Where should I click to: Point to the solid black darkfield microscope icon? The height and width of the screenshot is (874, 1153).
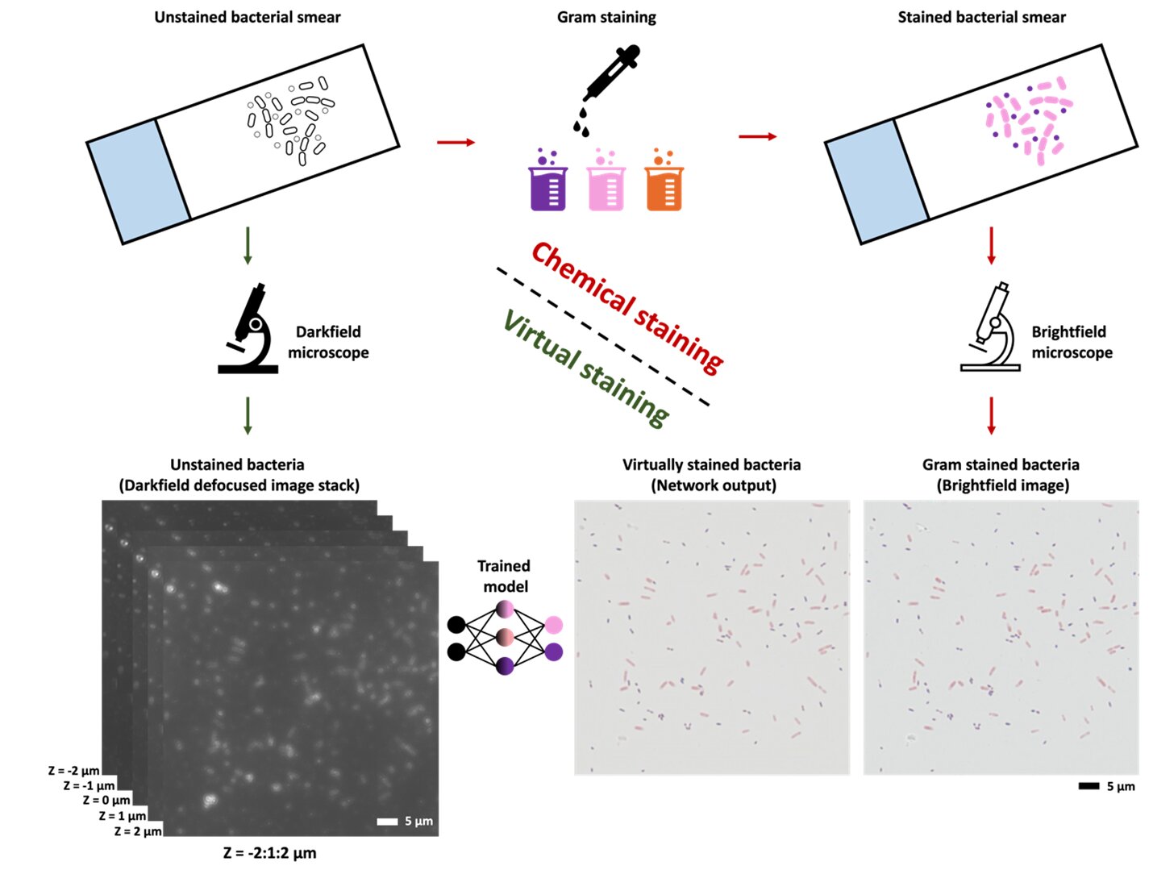click(248, 328)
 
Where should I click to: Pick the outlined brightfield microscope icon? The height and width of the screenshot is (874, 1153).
click(990, 327)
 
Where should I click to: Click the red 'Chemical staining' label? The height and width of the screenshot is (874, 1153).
click(627, 308)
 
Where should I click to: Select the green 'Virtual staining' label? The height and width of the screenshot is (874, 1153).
click(585, 368)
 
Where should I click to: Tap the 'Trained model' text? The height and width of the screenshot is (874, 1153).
click(504, 576)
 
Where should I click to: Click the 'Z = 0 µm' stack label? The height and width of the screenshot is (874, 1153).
click(106, 800)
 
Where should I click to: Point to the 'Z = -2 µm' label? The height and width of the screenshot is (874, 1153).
click(73, 771)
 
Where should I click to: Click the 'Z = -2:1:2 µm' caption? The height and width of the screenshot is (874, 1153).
click(270, 853)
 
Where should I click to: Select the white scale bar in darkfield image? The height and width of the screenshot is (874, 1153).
click(387, 822)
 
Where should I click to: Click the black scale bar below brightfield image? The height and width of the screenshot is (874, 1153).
click(1089, 786)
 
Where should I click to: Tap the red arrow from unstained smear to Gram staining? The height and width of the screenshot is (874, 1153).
click(456, 142)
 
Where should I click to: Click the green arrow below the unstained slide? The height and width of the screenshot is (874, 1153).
click(248, 246)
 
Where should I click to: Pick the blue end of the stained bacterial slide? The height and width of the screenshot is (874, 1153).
click(876, 181)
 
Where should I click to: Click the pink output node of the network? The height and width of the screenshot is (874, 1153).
click(554, 625)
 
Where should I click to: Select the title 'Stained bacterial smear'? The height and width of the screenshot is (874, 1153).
click(981, 17)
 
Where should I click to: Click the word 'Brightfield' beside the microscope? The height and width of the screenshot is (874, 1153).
click(1068, 332)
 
